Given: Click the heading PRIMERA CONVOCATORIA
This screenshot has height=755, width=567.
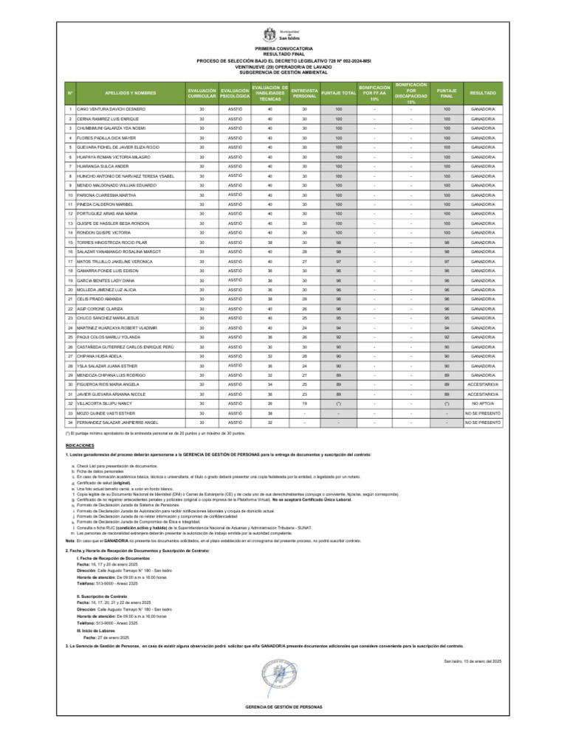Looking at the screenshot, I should [x=283, y=46].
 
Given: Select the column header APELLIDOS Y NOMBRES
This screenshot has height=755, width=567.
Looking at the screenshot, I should [x=131, y=93].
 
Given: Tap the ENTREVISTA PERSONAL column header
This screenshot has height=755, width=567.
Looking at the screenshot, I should [x=304, y=93].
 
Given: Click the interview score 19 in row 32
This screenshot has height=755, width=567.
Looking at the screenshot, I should [x=304, y=403].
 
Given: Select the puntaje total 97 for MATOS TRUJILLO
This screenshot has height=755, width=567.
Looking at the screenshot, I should [x=339, y=261].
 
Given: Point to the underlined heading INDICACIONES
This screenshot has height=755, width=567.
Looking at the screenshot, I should [x=79, y=446].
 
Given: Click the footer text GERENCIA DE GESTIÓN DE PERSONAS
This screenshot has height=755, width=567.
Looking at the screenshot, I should [x=283, y=706].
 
